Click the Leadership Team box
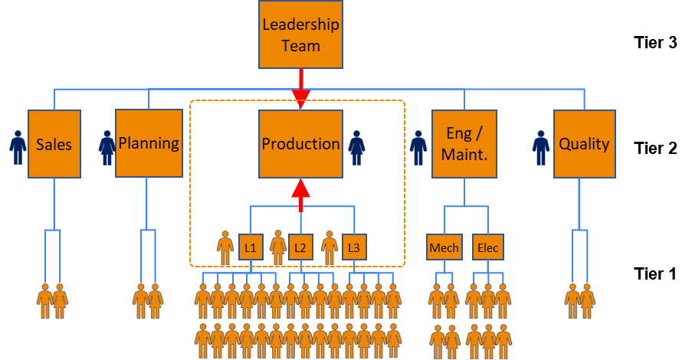pyautogui.click(x=300, y=34)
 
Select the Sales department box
pyautogui.click(x=54, y=144)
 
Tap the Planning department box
pyautogui.click(x=149, y=143)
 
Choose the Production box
pyautogui.click(x=300, y=144)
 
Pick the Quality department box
pyautogui.click(x=584, y=144)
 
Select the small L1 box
pyautogui.click(x=251, y=247)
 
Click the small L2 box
pyautogui.click(x=300, y=247)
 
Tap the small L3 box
pyautogui.click(x=353, y=247)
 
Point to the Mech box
pyautogui.click(x=444, y=247)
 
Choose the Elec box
pyautogui.click(x=487, y=247)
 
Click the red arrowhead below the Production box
pyautogui.click(x=300, y=191)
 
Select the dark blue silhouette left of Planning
pyautogui.click(x=107, y=155)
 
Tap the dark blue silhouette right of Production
pyautogui.click(x=356, y=155)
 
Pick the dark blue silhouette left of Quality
pyautogui.click(x=542, y=155)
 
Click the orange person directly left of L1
pyautogui.click(x=225, y=247)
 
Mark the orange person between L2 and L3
pyautogui.click(x=330, y=247)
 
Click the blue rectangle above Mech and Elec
pyautogui.click(x=466, y=219)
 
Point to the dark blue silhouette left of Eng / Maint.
pyautogui.click(x=418, y=155)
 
